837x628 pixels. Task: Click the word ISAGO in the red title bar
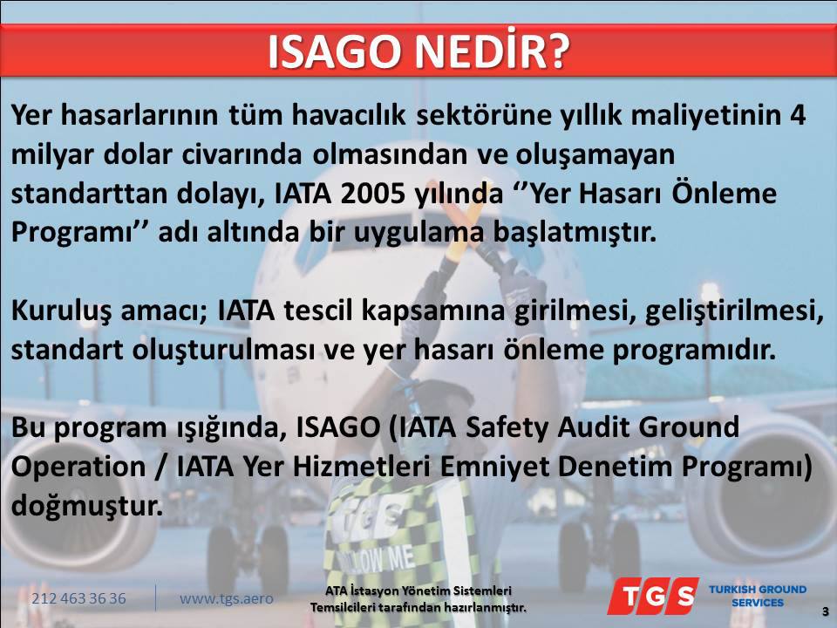click(x=335, y=51)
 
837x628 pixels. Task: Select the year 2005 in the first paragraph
click(x=372, y=194)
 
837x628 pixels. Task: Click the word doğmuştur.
click(x=87, y=506)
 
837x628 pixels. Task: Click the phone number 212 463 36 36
click(x=79, y=598)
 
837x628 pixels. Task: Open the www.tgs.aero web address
click(x=227, y=598)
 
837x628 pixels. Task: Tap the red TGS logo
click(x=653, y=596)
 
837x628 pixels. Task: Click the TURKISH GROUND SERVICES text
click(x=758, y=596)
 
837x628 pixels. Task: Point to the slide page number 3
click(x=825, y=611)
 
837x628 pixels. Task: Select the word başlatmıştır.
click(x=574, y=233)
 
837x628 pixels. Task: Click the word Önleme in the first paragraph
click(x=724, y=194)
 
